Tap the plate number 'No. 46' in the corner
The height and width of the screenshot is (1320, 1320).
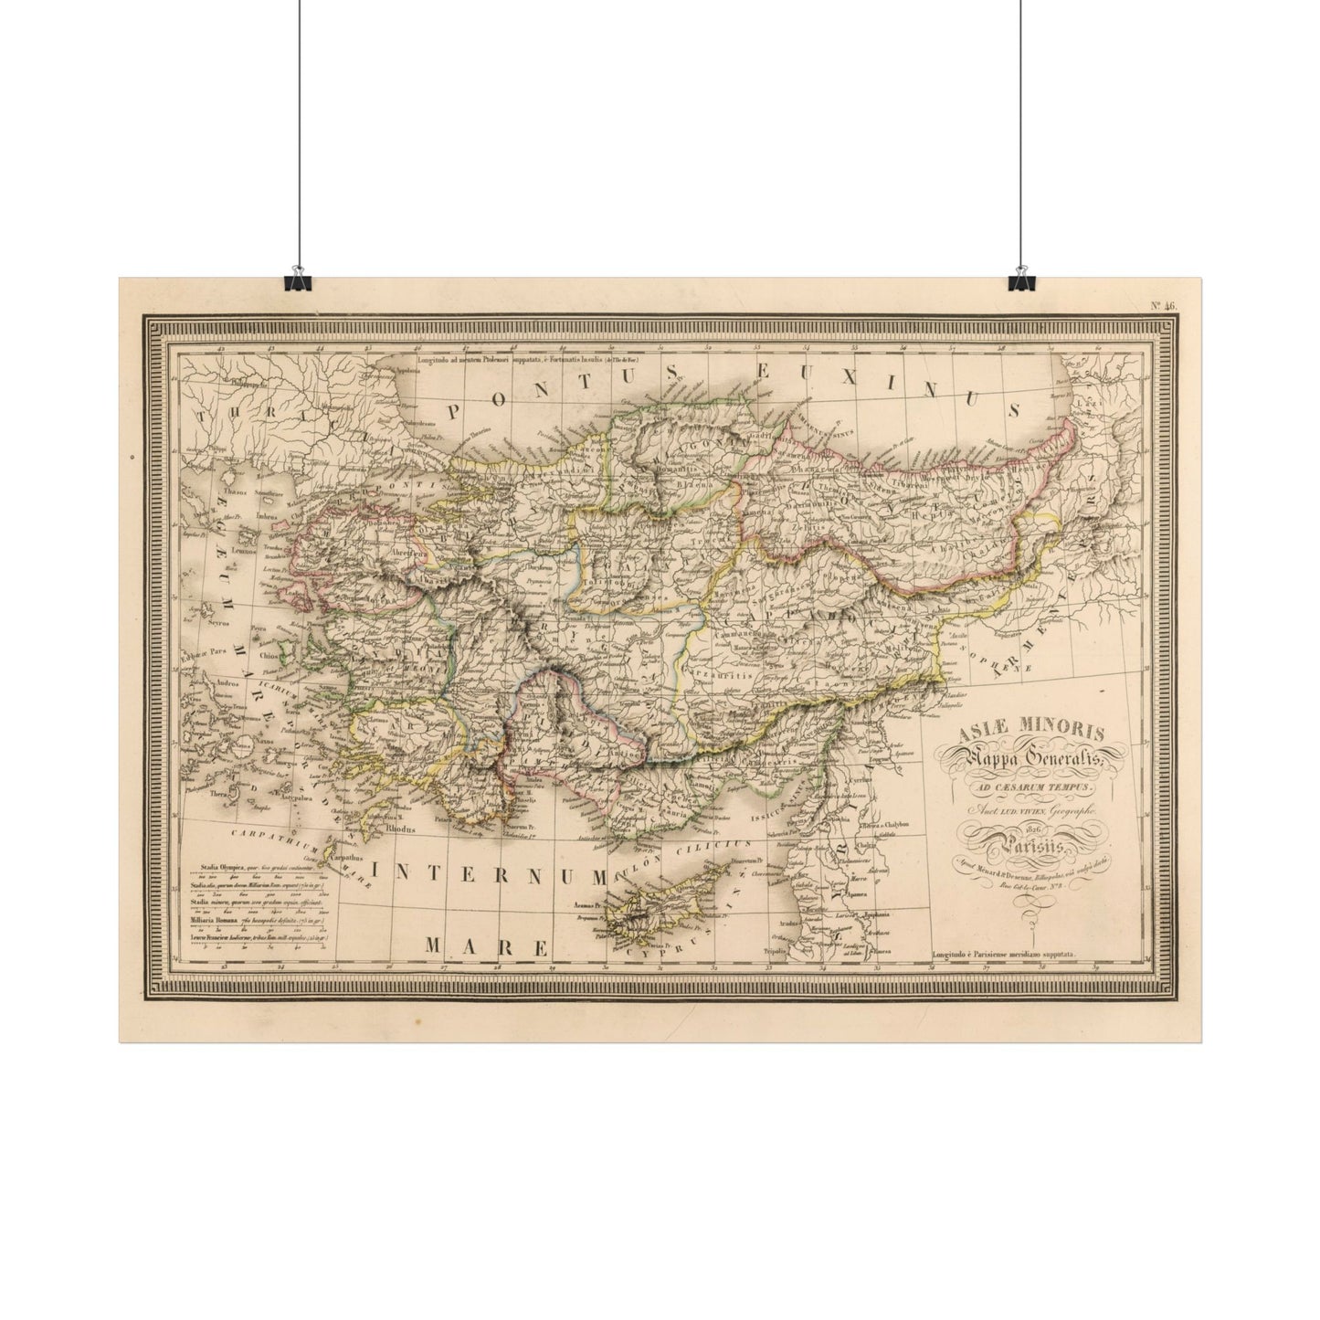point(1163,305)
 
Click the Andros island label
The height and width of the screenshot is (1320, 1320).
point(226,682)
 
